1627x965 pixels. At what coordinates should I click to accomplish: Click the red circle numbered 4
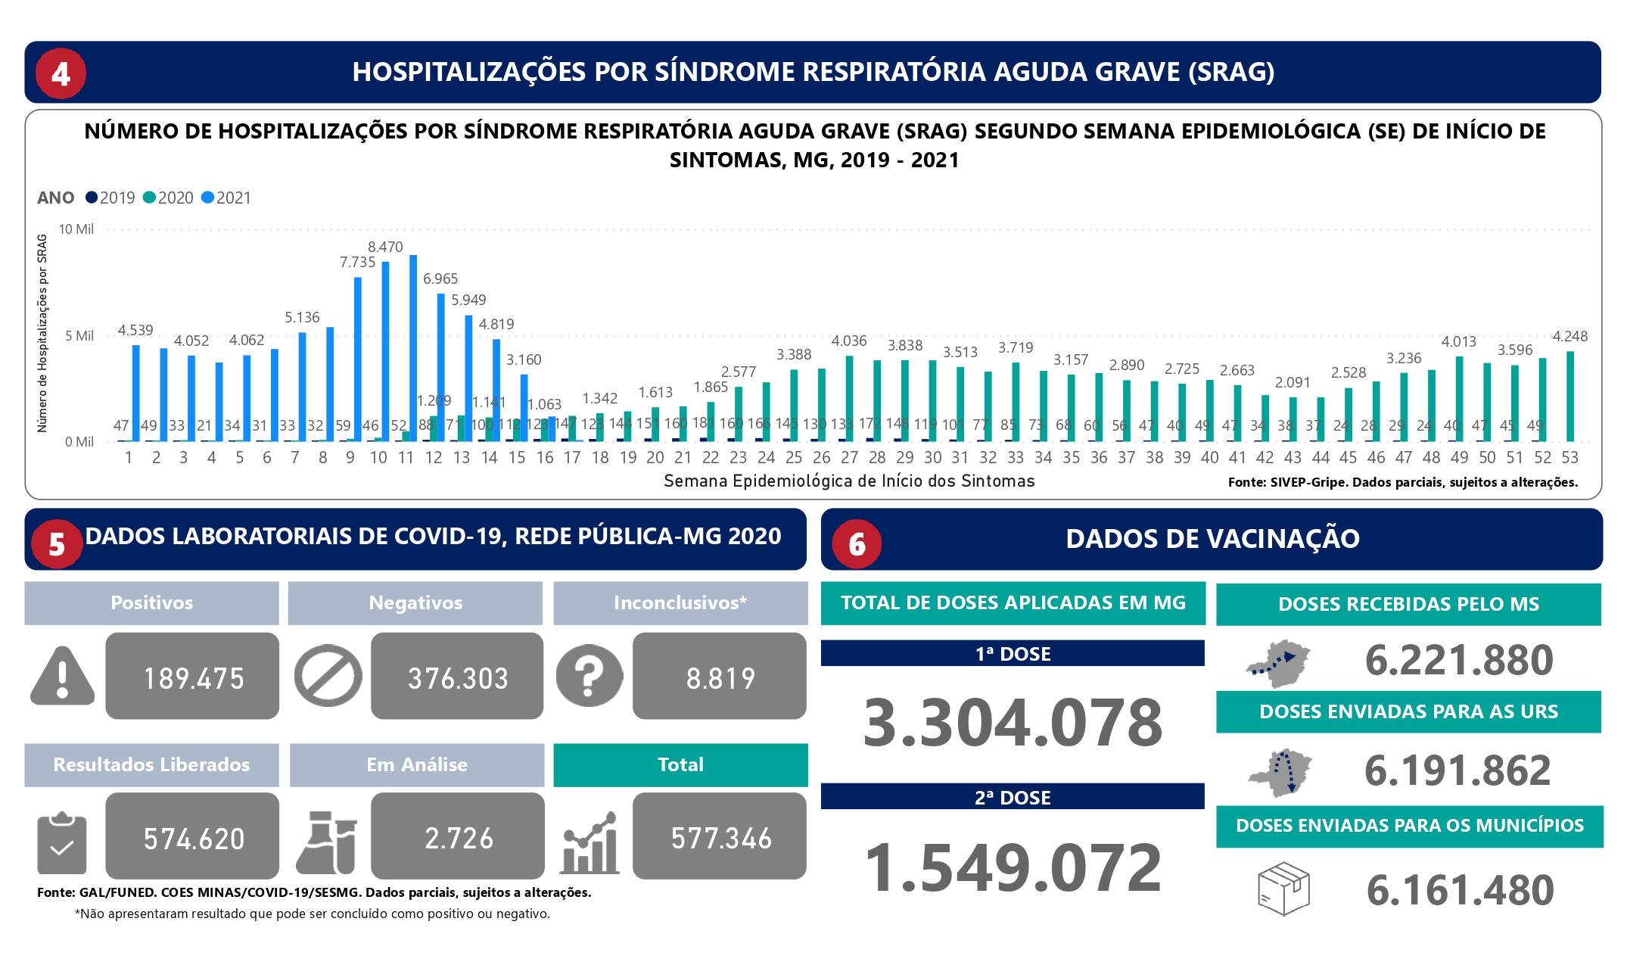click(61, 73)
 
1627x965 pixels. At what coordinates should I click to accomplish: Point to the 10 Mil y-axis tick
click(76, 229)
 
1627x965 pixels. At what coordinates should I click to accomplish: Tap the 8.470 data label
click(385, 247)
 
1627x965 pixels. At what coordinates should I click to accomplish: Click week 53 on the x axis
click(1569, 457)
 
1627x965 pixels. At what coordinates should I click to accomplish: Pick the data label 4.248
click(1569, 336)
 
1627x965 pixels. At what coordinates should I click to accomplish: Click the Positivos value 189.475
click(193, 677)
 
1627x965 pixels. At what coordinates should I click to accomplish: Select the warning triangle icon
click(62, 676)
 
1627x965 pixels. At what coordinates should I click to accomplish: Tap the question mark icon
click(589, 676)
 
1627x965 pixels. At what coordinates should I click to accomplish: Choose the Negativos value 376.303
click(458, 677)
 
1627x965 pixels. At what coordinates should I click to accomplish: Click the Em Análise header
click(417, 764)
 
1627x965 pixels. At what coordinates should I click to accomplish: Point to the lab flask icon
click(327, 842)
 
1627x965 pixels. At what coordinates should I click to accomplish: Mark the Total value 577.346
click(720, 838)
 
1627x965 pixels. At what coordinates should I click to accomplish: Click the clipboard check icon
click(61, 843)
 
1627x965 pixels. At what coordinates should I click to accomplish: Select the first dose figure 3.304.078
click(1013, 722)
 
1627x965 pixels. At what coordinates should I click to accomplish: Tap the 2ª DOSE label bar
click(1013, 797)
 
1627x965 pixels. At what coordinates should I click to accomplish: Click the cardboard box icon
click(1283, 889)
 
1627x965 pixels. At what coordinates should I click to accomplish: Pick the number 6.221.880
click(1459, 660)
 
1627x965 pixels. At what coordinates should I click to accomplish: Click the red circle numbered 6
click(857, 543)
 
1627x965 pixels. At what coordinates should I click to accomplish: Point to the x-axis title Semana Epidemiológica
click(849, 481)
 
